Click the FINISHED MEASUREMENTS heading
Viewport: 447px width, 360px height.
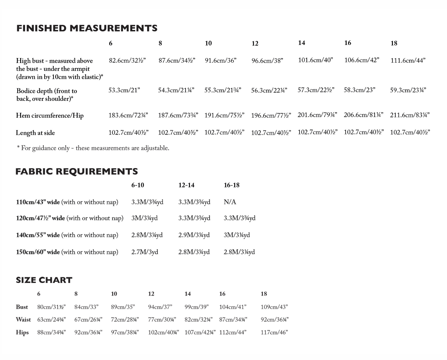tap(87, 28)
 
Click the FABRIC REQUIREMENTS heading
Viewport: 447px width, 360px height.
tap(77, 171)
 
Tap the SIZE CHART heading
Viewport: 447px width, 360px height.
tap(44, 280)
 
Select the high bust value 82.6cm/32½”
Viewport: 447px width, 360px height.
tap(127, 61)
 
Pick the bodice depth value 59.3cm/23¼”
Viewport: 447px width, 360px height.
tap(408, 90)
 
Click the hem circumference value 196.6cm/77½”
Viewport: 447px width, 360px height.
tap(271, 116)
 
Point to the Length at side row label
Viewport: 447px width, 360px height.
tap(35, 133)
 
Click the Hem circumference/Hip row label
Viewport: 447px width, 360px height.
tap(50, 116)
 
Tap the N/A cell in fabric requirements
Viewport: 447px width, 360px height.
tap(230, 202)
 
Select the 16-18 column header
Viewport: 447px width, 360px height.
tap(231, 185)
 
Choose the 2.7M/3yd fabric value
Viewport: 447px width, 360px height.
tap(145, 252)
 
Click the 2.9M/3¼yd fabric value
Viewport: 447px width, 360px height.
tap(194, 235)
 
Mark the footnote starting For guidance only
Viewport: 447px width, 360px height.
tap(93, 148)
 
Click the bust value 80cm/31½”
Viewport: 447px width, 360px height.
tap(51, 307)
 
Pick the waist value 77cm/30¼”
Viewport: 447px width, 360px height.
tap(162, 320)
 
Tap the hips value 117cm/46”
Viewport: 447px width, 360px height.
tap(274, 332)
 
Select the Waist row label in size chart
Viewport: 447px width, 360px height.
tap(23, 320)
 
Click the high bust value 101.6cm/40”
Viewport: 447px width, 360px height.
tap(315, 60)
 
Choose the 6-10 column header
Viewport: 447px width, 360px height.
tap(138, 185)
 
